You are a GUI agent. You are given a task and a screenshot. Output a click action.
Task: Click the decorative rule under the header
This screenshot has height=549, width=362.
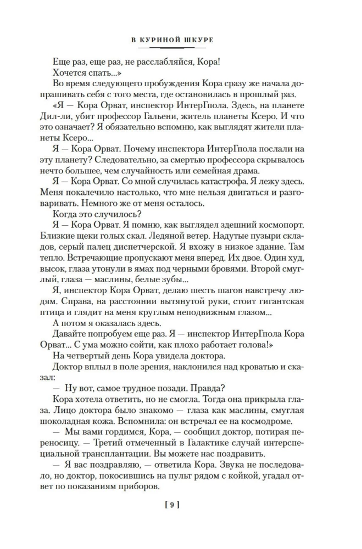181,49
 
